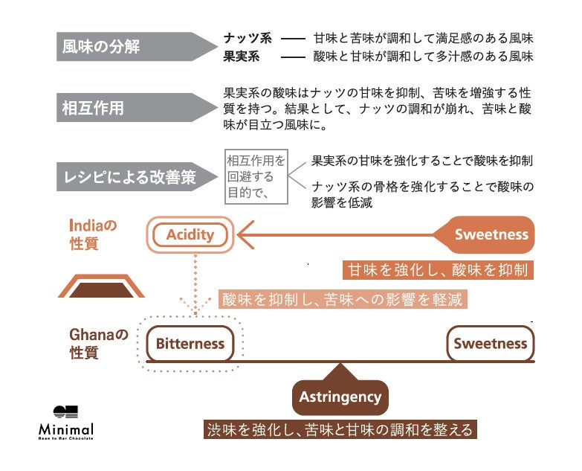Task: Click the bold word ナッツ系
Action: [248, 38]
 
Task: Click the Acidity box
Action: [190, 235]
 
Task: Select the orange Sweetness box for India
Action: [491, 235]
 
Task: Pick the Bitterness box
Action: [190, 344]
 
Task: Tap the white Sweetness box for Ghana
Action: [490, 344]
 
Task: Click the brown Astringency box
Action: [340, 397]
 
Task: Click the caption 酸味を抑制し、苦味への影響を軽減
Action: [343, 300]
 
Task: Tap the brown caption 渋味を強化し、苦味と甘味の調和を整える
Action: [340, 430]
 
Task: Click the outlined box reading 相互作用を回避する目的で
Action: [256, 176]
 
